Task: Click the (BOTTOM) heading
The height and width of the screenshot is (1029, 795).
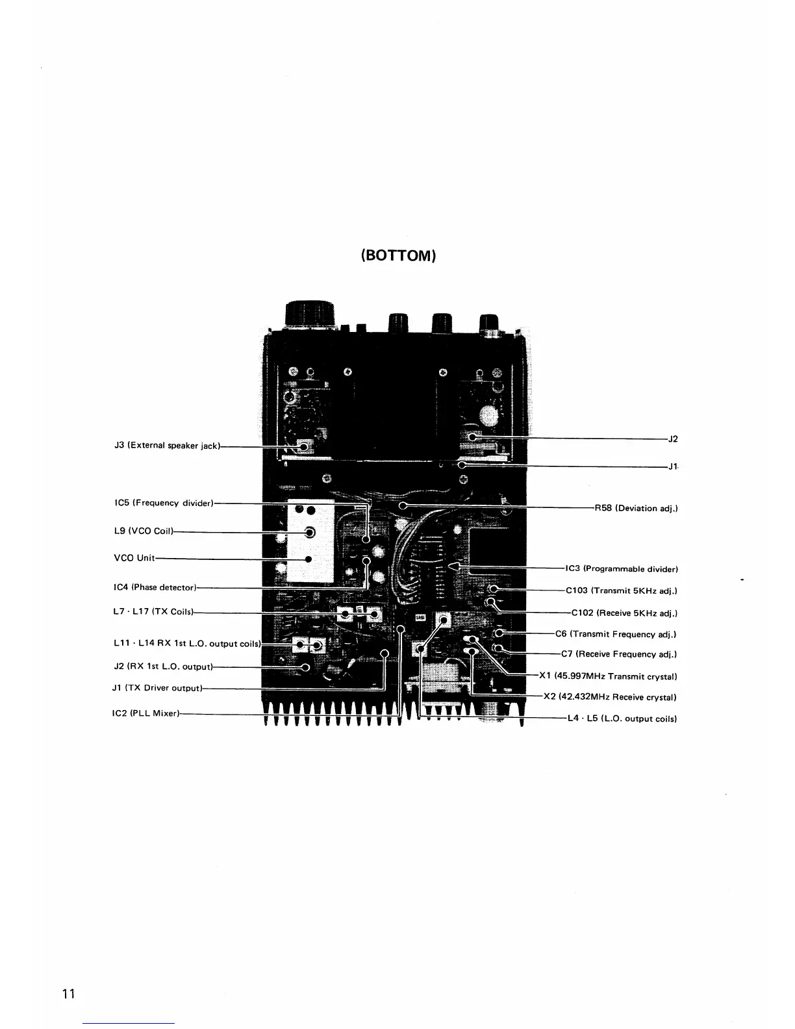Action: click(398, 255)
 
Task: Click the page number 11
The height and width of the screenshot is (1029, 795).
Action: click(68, 994)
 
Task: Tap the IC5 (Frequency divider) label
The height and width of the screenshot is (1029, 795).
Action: click(164, 503)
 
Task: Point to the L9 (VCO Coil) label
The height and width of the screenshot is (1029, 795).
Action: click(144, 531)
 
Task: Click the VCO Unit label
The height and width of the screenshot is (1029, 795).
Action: click(134, 558)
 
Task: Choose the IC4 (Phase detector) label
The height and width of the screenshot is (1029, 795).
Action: click(155, 587)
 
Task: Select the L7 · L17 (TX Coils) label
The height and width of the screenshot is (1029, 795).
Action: click(153, 611)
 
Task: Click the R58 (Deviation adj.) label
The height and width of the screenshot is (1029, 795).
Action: click(637, 508)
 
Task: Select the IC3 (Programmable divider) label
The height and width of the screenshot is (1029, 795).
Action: click(622, 569)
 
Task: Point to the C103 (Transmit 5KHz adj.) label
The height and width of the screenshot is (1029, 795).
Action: click(622, 591)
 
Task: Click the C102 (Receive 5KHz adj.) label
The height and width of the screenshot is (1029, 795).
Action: click(624, 613)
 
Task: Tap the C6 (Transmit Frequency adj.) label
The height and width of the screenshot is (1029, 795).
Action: click(616, 634)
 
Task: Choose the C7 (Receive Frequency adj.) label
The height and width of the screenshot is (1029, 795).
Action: click(619, 654)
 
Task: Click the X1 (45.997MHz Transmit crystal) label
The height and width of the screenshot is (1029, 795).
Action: click(608, 676)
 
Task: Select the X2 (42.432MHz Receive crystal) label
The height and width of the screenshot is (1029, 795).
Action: click(610, 697)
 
